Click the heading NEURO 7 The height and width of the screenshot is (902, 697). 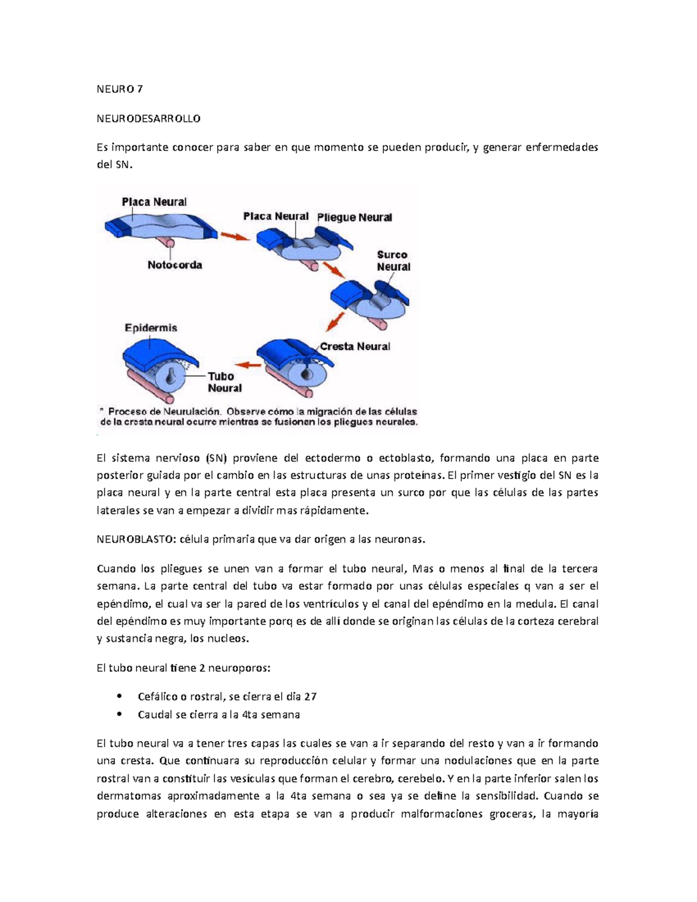coord(120,89)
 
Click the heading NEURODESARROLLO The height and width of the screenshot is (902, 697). coord(149,118)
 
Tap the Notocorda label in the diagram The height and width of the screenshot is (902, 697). coord(175,265)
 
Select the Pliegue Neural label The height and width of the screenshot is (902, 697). coord(354,217)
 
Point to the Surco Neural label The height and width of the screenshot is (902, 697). coord(393,261)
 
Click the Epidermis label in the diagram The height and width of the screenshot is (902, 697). coord(151,328)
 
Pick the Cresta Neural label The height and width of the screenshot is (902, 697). coord(355,346)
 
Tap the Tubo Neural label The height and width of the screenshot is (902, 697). coord(225,382)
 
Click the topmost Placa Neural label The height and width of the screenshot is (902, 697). coord(154,202)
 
